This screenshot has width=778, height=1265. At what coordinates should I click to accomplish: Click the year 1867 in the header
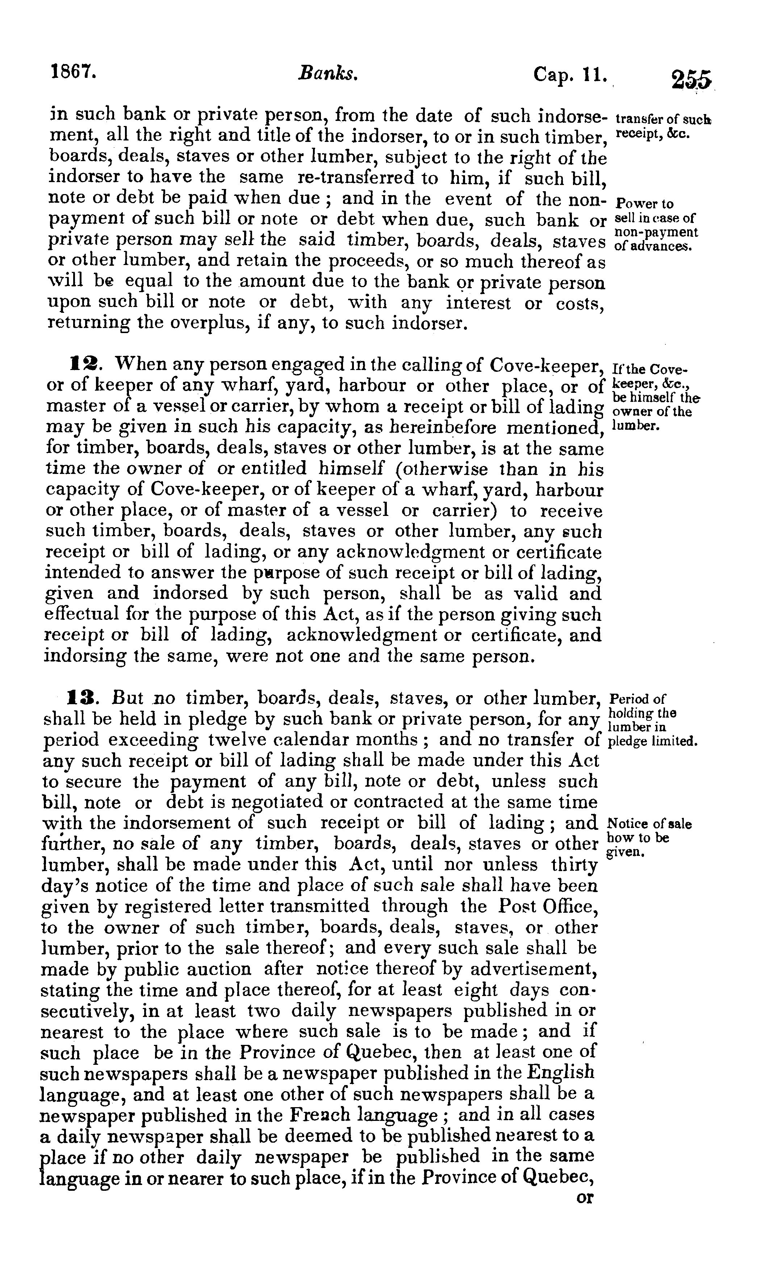(x=74, y=71)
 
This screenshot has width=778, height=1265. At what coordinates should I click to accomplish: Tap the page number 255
(x=691, y=81)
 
